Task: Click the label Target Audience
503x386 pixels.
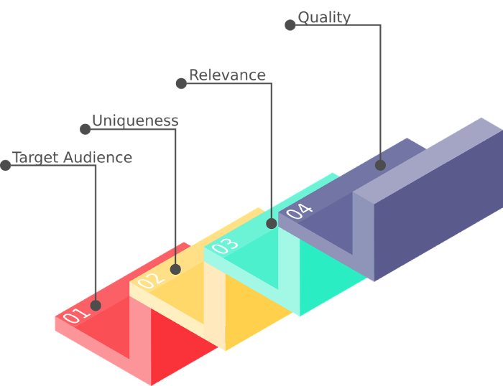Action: click(72, 158)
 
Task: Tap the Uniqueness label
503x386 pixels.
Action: click(135, 121)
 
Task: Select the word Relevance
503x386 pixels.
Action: click(227, 75)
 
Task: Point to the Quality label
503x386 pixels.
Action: click(324, 18)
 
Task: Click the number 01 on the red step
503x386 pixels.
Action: click(76, 314)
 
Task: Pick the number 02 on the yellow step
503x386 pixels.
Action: click(150, 280)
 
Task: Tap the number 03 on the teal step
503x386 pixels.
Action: click(225, 245)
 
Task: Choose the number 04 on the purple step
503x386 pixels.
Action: click(300, 211)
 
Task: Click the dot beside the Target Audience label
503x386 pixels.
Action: click(6, 165)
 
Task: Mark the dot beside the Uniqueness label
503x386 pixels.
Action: click(86, 129)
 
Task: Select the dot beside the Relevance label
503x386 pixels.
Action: click(181, 83)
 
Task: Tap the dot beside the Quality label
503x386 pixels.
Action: click(290, 25)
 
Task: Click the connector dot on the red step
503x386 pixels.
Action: click(96, 305)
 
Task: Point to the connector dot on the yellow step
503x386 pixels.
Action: click(175, 270)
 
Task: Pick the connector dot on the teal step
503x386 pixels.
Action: click(271, 224)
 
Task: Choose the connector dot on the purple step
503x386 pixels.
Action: click(380, 165)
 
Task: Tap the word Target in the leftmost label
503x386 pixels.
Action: click(35, 158)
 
